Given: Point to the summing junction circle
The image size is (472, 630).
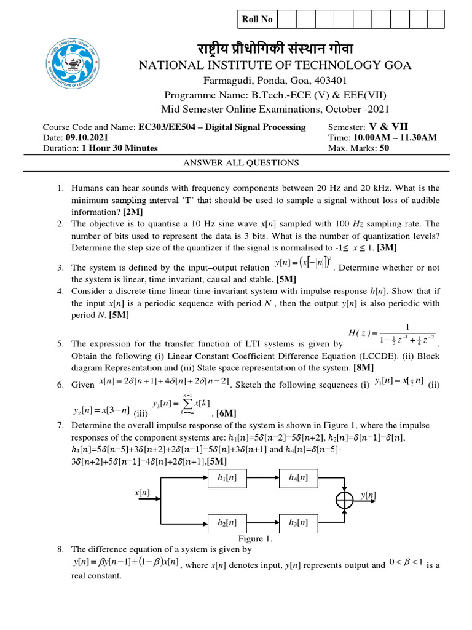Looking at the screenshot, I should point(345,500).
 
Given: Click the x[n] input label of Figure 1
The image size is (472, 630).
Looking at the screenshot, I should point(142,493).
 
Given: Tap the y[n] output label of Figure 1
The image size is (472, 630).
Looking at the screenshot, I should point(369,495).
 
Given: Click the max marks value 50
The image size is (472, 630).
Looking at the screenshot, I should point(385,148).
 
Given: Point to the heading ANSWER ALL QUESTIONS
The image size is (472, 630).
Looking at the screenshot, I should point(242,163).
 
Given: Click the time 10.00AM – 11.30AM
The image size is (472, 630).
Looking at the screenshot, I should point(398,137).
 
